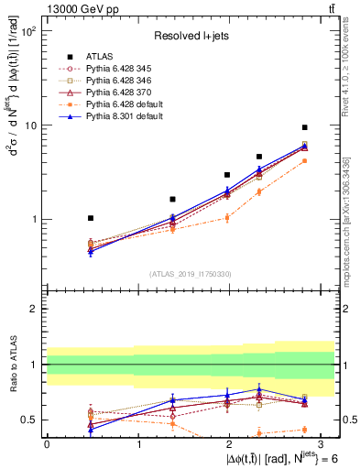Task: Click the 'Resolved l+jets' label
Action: (191, 36)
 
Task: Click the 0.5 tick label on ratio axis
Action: (29, 420)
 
